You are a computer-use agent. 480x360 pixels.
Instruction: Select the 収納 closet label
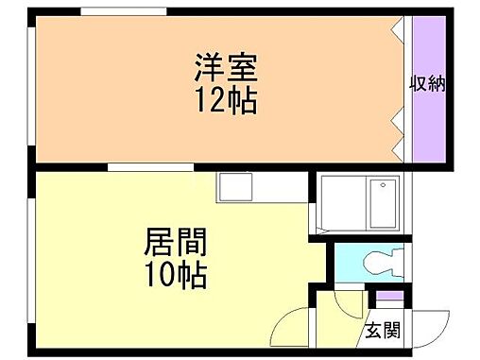click(x=427, y=84)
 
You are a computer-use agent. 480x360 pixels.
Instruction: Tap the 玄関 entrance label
click(x=384, y=331)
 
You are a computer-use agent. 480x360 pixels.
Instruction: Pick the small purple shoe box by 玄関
click(x=388, y=300)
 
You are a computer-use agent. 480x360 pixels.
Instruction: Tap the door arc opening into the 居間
click(x=293, y=331)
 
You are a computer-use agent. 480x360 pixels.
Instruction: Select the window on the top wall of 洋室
click(x=117, y=11)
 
